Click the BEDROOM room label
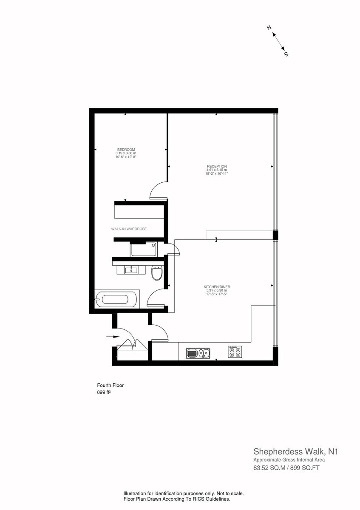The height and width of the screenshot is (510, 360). click(126, 150)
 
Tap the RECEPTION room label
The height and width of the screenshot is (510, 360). click(217, 167)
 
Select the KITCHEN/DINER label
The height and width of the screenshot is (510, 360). click(217, 287)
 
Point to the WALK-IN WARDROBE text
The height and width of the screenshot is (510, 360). click(129, 229)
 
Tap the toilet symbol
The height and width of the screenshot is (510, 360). click(157, 273)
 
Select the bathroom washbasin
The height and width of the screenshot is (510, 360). click(131, 270)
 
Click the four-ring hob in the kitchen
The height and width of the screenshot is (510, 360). click(235, 352)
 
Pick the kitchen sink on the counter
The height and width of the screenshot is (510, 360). click(198, 353)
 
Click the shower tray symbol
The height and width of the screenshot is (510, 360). click(144, 249)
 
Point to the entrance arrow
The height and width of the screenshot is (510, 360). click(113, 337)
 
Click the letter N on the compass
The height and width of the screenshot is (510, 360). click(269, 28)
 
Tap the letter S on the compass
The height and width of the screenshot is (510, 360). click(286, 54)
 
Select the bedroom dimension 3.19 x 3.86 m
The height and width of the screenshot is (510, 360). click(126, 153)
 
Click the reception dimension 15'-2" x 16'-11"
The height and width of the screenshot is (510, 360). click(217, 173)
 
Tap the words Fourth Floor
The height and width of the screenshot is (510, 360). click(111, 385)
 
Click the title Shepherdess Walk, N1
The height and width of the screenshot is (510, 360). click(296, 451)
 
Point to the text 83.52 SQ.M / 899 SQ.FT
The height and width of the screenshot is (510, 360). click(286, 468)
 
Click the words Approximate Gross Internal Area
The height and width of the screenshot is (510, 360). click(289, 460)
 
